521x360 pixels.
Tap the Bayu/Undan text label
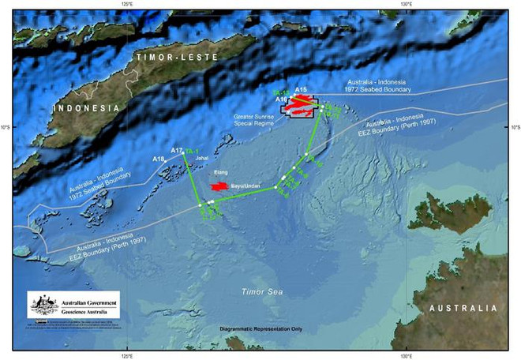coord(246,186)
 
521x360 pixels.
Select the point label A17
coord(177,149)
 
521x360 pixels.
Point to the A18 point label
coord(159,159)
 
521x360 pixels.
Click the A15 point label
coord(301,90)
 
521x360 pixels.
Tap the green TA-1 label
coord(192,150)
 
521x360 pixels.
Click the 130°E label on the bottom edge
coord(404,354)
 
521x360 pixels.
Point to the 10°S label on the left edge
coord(6,126)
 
